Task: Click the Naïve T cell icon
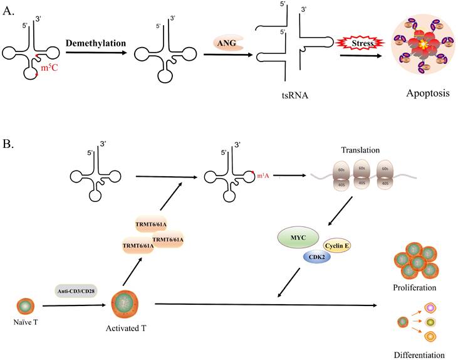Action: tap(24, 307)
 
